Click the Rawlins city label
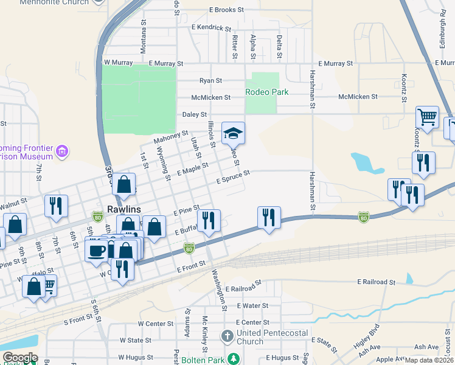pyautogui.click(x=124, y=209)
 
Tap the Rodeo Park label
pyautogui.click(x=266, y=92)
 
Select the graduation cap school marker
pyautogui.click(x=232, y=132)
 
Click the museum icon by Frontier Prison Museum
pyautogui.click(x=61, y=151)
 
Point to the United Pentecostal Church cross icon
pyautogui.click(x=227, y=335)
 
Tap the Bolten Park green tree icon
pyautogui.click(x=232, y=358)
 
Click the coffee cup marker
pyautogui.click(x=97, y=251)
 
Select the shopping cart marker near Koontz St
pyautogui.click(x=428, y=116)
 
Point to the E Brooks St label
pyautogui.click(x=226, y=10)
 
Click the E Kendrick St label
pyautogui.click(x=211, y=27)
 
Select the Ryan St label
pyautogui.click(x=210, y=80)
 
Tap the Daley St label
pyautogui.click(x=195, y=114)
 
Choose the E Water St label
pyautogui.click(x=252, y=305)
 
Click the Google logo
pyautogui.click(x=19, y=358)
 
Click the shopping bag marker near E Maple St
pyautogui.click(x=124, y=184)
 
